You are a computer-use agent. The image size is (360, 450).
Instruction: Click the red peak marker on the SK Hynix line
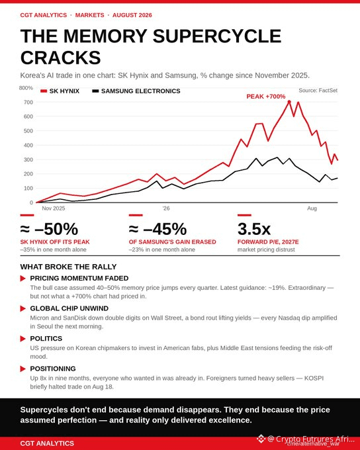(x=289, y=102)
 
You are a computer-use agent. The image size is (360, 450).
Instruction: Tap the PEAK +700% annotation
(x=266, y=97)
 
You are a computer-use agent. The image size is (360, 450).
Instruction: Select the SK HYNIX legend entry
(x=60, y=91)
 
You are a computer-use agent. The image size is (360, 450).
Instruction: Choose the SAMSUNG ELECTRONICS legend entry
(x=136, y=91)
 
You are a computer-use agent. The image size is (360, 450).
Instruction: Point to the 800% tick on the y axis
(x=26, y=88)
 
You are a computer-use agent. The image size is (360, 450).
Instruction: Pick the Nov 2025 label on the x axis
(x=54, y=208)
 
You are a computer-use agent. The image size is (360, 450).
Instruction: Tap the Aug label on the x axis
(x=312, y=208)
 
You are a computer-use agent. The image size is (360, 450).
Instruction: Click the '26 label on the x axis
(x=166, y=208)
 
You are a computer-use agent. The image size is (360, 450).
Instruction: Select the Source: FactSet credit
(x=318, y=91)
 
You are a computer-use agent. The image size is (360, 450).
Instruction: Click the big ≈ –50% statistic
(x=49, y=229)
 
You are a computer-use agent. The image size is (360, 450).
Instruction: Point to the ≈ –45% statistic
(x=157, y=229)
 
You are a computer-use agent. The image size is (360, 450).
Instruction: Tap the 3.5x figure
(x=253, y=229)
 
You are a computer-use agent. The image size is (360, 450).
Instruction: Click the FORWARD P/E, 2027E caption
(x=268, y=242)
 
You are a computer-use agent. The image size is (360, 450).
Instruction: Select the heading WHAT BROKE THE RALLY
(x=68, y=267)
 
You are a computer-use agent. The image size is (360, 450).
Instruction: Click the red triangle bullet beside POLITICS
(x=23, y=339)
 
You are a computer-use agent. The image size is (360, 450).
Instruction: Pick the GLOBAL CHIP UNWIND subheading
(x=69, y=308)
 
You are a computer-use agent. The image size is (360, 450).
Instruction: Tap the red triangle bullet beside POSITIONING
(x=23, y=369)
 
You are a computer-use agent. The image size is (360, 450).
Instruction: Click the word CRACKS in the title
(x=61, y=58)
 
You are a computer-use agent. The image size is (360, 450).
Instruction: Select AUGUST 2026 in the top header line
(x=132, y=15)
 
